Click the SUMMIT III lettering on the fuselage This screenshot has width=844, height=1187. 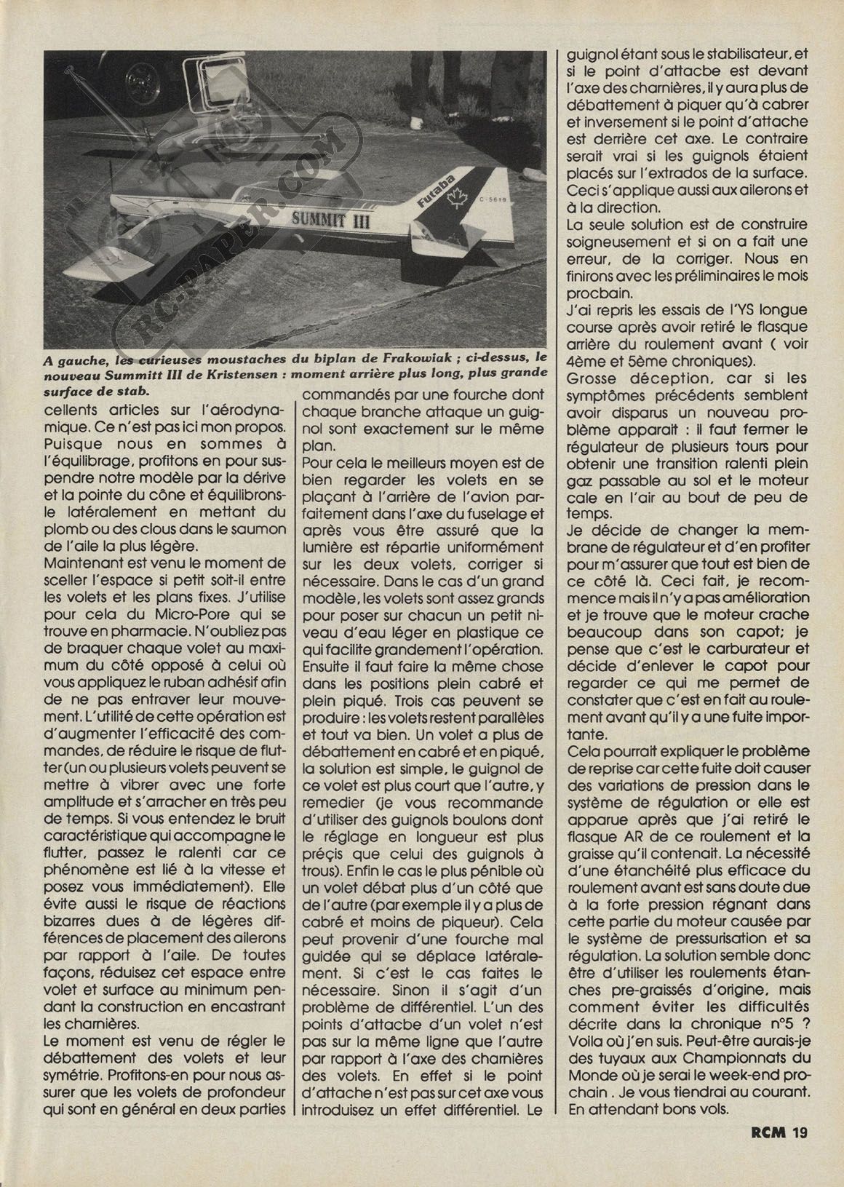[x=331, y=218]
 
